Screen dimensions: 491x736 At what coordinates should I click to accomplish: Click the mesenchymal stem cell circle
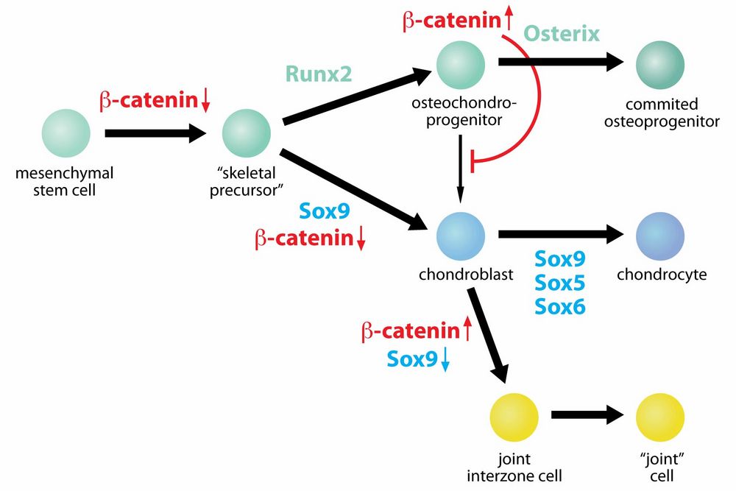point(66,133)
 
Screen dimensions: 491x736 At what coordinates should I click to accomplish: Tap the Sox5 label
point(560,282)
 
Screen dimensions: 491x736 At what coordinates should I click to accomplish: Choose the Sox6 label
point(560,305)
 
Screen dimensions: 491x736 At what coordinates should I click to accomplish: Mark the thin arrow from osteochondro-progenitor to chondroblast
point(461,169)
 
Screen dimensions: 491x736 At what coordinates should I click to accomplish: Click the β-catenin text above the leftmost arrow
point(147,101)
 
